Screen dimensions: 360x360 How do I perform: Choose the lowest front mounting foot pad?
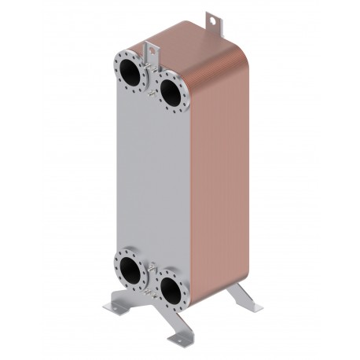coord(185,342)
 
